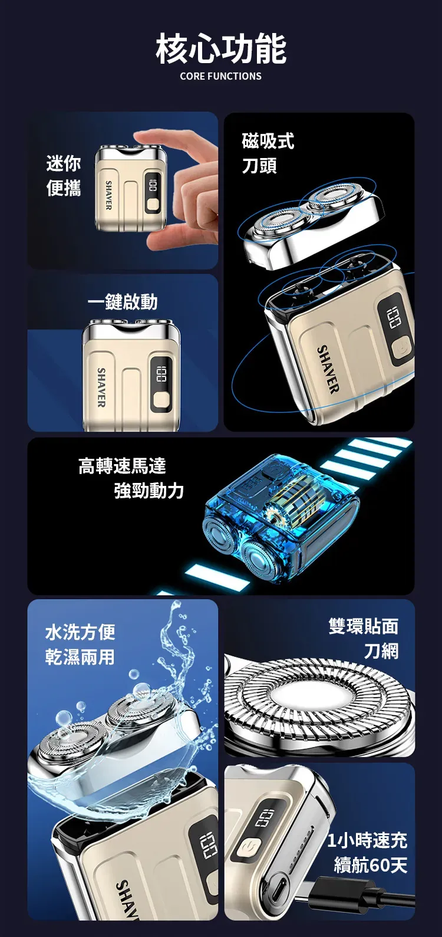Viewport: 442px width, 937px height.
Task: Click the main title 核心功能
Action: coord(221,50)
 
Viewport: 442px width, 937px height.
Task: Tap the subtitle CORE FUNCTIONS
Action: coord(221,76)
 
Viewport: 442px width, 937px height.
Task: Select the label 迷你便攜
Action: coord(64,176)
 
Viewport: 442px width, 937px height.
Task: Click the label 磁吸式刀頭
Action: coord(268,153)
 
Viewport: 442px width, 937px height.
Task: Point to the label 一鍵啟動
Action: coord(123,301)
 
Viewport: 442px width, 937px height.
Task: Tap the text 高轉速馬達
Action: coord(122,466)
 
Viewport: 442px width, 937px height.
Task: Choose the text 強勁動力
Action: coord(149,491)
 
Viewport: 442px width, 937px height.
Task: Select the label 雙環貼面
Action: coord(364,626)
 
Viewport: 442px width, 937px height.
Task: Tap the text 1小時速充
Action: coord(367,840)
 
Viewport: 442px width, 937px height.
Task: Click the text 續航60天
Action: coord(371,865)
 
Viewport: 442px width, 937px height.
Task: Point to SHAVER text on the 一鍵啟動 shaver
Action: coord(101,387)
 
